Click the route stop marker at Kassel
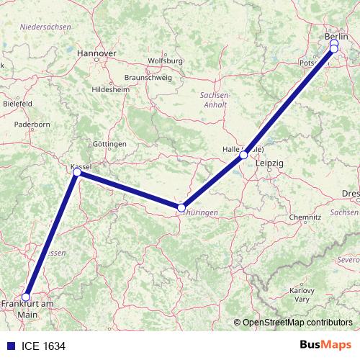tap(77, 172)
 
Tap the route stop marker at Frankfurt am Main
tap(26, 296)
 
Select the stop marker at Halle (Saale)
tap(244, 155)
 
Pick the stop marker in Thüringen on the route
tap(181, 207)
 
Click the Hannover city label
tap(96, 53)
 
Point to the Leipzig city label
tap(270, 164)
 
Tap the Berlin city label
tap(336, 35)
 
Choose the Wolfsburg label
tap(165, 61)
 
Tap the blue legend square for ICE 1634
tap(8, 346)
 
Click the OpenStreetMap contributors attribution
tap(296, 323)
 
